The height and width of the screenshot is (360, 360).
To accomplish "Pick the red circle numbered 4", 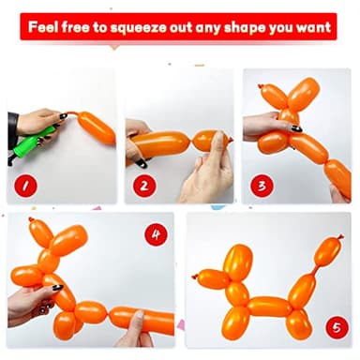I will tap(156, 232).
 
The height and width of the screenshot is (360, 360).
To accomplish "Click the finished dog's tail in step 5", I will tap(326, 251).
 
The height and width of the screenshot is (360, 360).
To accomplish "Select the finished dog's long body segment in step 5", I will tap(269, 307).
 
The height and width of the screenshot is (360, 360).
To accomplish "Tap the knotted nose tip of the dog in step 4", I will tap(14, 277).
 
